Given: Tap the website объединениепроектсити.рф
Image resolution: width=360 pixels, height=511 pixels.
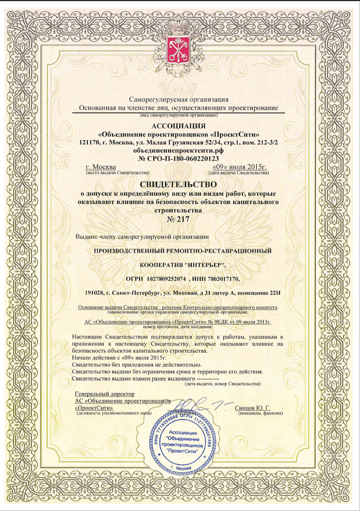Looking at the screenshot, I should coord(179,151).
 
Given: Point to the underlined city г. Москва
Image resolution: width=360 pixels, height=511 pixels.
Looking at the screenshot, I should coord(101,167).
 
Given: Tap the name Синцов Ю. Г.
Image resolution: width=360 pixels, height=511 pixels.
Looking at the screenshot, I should coord(253,407).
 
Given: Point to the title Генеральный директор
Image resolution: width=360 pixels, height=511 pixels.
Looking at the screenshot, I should coord(105,393).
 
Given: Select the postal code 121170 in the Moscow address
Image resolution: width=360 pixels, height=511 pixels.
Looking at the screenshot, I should coord(87,143).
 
